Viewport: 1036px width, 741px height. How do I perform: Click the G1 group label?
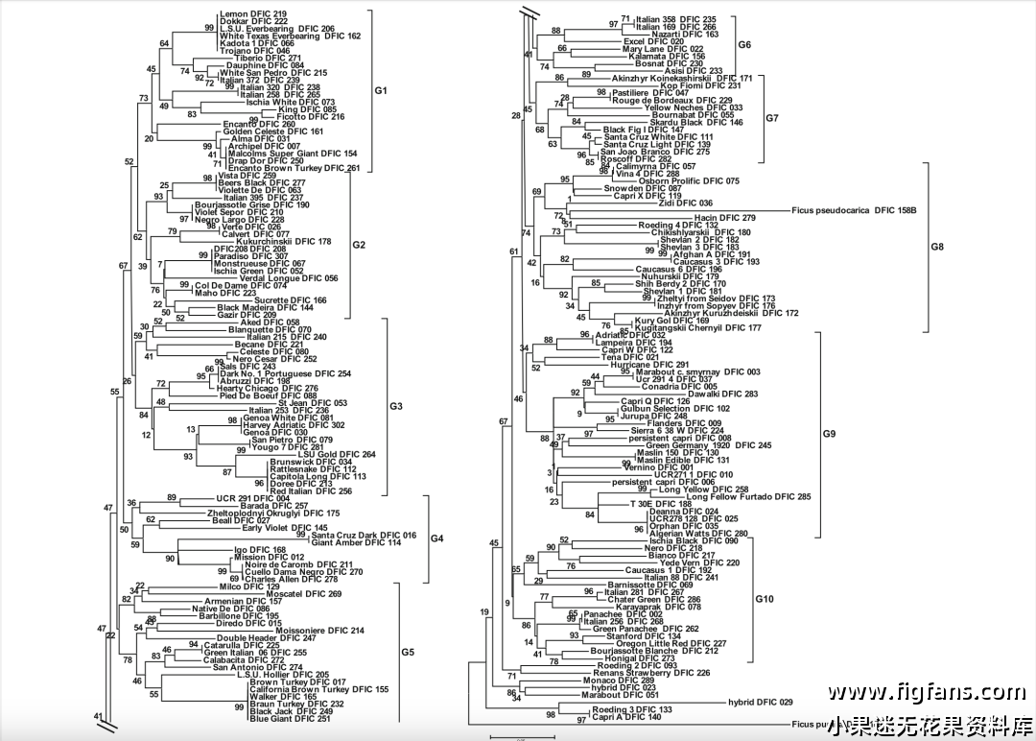pyautogui.click(x=380, y=90)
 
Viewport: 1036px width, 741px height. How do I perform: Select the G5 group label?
pyautogui.click(x=408, y=652)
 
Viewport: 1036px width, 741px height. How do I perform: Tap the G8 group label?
pyautogui.click(x=937, y=247)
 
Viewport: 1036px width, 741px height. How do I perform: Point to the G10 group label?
pyautogui.click(x=765, y=599)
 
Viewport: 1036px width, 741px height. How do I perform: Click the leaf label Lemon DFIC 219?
pyautogui.click(x=247, y=13)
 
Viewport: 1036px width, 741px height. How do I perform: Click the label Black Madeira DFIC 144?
pyautogui.click(x=260, y=307)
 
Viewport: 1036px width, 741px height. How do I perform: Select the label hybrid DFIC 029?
pyautogui.click(x=761, y=703)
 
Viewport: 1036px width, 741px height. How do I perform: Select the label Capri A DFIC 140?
pyautogui.click(x=626, y=717)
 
